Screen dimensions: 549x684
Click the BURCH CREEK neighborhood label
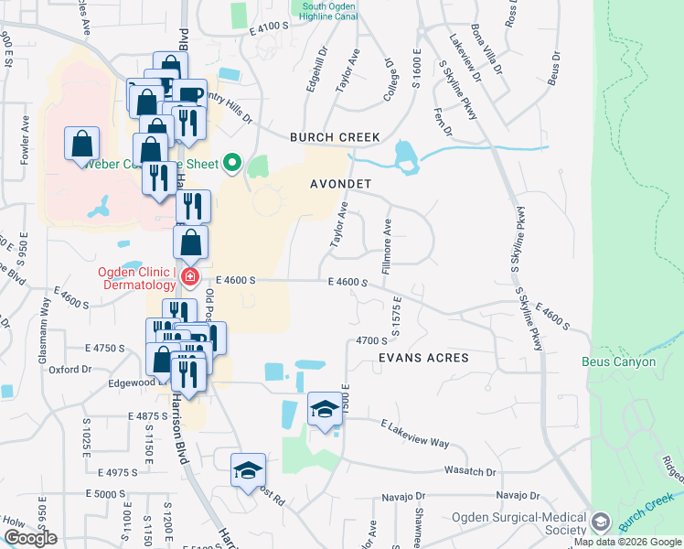[335, 137]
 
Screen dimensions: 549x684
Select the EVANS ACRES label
[423, 358]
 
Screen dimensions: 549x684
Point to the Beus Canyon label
[619, 361]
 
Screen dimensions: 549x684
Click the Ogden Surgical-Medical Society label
[518, 522]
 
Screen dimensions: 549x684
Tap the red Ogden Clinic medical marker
[189, 275]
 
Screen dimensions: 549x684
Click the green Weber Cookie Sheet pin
[232, 164]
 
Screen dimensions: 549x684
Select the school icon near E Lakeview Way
[325, 409]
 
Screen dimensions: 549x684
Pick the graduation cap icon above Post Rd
[247, 469]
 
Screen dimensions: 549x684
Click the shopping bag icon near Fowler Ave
[82, 144]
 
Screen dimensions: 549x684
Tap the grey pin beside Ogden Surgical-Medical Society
[601, 522]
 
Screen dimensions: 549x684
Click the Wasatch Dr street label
[473, 472]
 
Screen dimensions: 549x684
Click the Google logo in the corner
[30, 538]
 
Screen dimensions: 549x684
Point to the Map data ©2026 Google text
[626, 543]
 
